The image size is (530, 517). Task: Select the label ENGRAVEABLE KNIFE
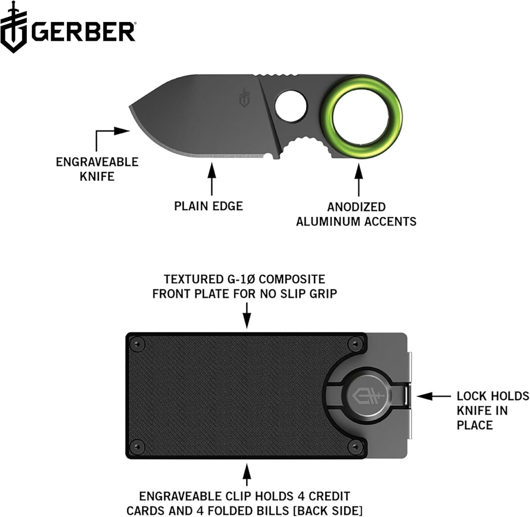(x=97, y=169)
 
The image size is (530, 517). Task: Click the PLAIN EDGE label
(x=208, y=206)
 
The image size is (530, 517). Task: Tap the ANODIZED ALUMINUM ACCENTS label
(x=356, y=214)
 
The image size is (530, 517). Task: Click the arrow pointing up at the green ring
(x=359, y=180)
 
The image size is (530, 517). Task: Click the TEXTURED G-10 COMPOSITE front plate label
(x=245, y=286)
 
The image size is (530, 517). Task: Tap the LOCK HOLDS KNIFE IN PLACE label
(x=493, y=410)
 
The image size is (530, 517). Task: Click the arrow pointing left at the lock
(x=433, y=396)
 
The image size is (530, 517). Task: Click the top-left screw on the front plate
(x=137, y=343)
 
